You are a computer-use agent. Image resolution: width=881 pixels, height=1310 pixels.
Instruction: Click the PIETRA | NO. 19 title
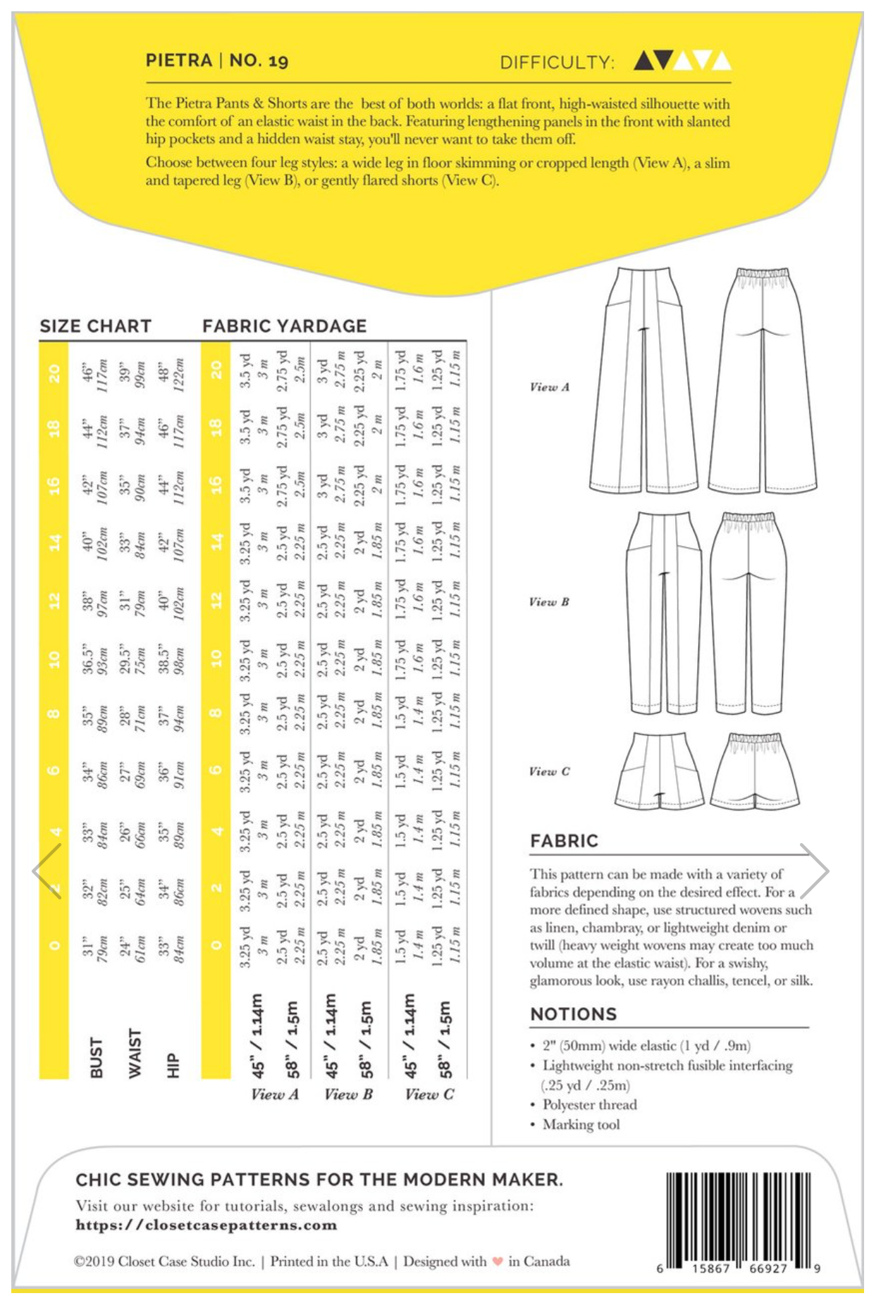pyautogui.click(x=216, y=61)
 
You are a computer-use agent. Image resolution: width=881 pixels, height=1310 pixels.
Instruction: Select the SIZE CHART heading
pyautogui.click(x=96, y=326)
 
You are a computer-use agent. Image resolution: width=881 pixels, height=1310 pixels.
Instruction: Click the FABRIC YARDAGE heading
pyautogui.click(x=284, y=326)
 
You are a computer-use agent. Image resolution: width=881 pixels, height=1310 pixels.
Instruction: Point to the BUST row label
pyautogui.click(x=97, y=1056)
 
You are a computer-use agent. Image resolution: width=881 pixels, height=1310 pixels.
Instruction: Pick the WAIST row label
pyautogui.click(x=135, y=1053)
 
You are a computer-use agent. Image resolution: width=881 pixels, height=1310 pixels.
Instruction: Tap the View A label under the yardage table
pyautogui.click(x=275, y=1094)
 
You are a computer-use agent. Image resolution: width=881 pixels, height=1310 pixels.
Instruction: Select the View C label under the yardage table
pyautogui.click(x=429, y=1094)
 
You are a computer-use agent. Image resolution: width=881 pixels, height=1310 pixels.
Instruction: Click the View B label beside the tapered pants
pyautogui.click(x=548, y=601)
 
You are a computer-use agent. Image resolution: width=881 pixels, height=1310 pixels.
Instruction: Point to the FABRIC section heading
pyautogui.click(x=564, y=841)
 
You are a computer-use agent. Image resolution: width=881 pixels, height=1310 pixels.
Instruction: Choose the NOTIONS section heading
pyautogui.click(x=573, y=1014)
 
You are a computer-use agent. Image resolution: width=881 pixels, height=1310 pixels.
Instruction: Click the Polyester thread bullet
pyautogui.click(x=589, y=1104)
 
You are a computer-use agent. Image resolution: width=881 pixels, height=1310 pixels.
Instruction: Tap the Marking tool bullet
pyautogui.click(x=581, y=1124)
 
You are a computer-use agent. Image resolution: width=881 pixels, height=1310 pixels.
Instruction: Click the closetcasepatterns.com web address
pyautogui.click(x=207, y=1225)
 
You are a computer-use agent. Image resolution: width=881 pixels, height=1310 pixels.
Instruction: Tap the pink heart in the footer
pyautogui.click(x=498, y=1261)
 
